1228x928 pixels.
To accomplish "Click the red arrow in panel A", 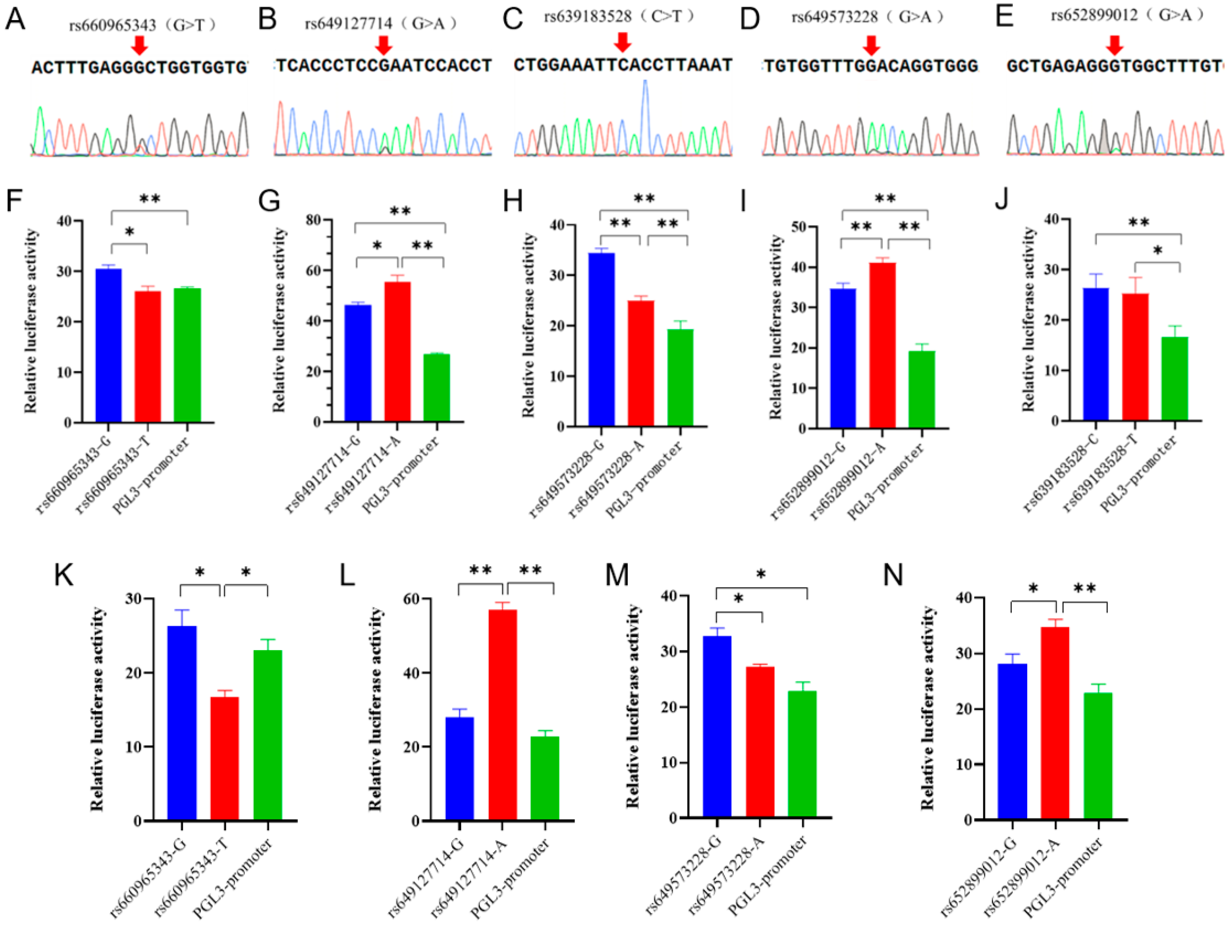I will [139, 44].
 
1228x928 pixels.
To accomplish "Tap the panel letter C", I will [513, 18].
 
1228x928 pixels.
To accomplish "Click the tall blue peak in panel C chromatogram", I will [644, 111].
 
